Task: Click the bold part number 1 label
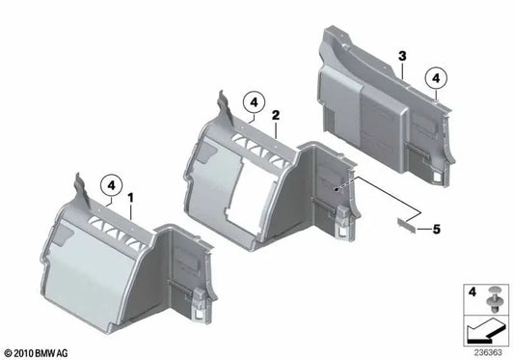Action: (x=131, y=198)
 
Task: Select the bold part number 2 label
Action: (x=276, y=115)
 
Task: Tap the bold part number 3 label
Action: (x=402, y=56)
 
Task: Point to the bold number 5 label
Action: (x=436, y=229)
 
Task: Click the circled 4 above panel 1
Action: (x=112, y=185)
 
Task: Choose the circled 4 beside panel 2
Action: (x=254, y=103)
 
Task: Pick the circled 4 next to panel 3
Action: (x=436, y=78)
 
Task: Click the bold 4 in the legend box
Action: (x=472, y=291)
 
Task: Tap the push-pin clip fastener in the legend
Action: (x=493, y=299)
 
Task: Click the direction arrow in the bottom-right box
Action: (x=485, y=330)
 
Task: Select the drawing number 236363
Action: (x=487, y=352)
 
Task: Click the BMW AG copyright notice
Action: (x=37, y=353)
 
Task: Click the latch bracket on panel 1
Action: (x=200, y=304)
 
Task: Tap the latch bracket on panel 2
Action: (x=344, y=223)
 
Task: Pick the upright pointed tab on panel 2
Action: (x=227, y=108)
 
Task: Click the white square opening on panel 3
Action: (x=438, y=177)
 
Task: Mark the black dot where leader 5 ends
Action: (x=336, y=189)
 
